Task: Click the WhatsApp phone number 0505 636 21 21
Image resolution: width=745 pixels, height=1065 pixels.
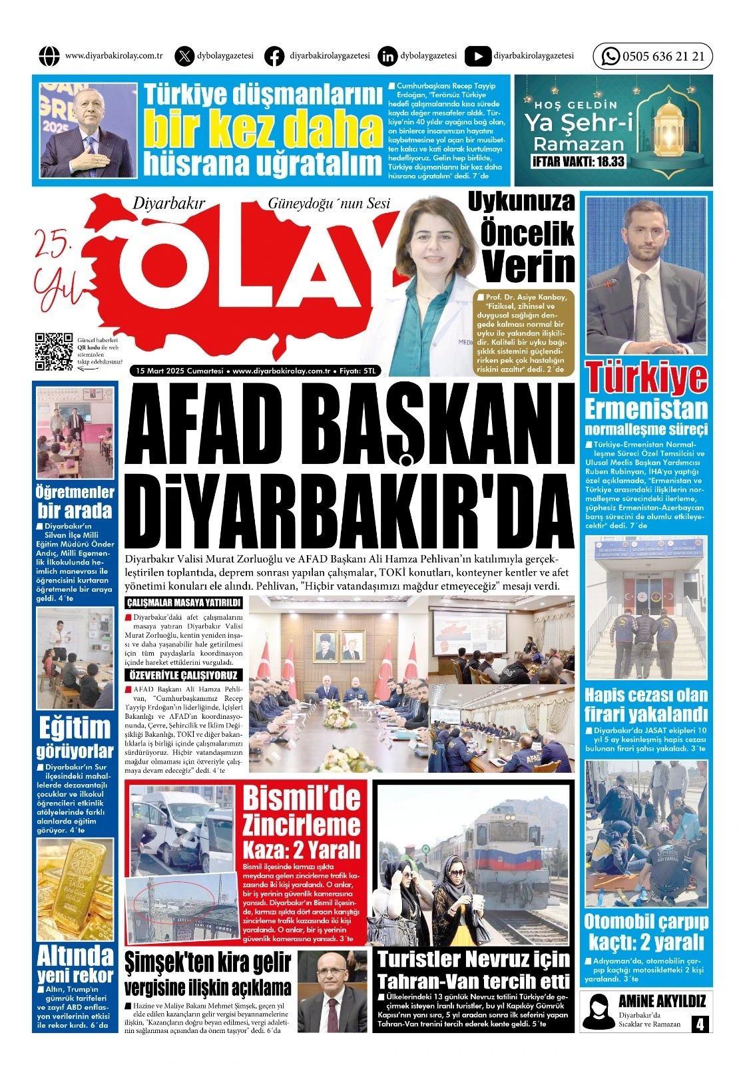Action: click(x=662, y=57)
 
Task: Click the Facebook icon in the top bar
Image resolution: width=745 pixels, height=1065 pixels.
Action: click(x=274, y=57)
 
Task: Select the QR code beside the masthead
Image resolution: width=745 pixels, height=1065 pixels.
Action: click(x=54, y=351)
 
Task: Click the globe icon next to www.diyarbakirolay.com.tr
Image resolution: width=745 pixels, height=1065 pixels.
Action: click(x=49, y=57)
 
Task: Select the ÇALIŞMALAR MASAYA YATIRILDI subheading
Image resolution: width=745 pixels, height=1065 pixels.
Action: click(x=184, y=603)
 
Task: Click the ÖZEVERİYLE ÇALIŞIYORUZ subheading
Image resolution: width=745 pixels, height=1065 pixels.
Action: click(x=184, y=675)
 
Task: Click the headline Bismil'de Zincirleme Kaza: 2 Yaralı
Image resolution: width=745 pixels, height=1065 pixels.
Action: click(x=301, y=823)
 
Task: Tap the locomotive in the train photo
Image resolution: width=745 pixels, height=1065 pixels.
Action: click(x=513, y=858)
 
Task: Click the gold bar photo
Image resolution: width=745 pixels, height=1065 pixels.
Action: click(x=75, y=888)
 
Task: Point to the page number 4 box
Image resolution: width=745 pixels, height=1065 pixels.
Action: click(x=699, y=1024)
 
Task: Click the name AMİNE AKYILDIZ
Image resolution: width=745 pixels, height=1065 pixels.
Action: click(x=661, y=1000)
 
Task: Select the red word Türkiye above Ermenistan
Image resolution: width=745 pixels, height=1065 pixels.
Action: click(x=646, y=378)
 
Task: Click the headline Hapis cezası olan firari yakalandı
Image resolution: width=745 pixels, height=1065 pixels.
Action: click(x=646, y=705)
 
